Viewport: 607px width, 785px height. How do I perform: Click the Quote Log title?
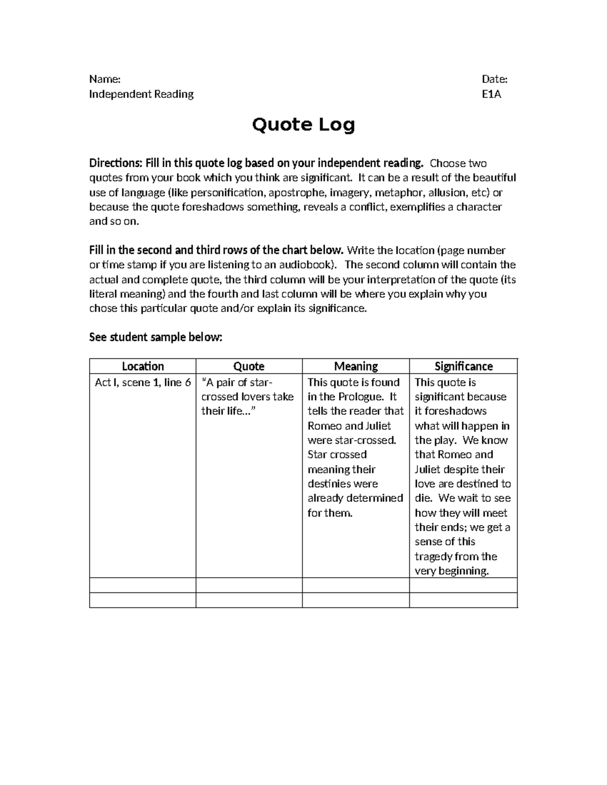303,125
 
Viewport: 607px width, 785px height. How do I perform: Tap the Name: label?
105,79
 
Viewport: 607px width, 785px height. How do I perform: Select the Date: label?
494,79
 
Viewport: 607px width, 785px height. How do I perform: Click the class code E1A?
491,94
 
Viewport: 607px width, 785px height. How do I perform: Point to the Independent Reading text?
141,94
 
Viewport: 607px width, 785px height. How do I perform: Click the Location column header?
143,366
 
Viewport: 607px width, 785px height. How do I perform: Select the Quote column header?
249,366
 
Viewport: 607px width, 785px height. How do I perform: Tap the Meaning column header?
356,366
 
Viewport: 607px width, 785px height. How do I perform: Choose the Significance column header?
463,366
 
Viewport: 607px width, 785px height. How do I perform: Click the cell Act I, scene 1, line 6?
143,383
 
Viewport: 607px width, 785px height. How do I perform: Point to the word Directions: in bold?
116,163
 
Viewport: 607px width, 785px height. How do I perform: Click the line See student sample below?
155,337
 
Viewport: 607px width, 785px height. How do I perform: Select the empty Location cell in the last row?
143,600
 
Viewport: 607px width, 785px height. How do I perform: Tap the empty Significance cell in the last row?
463,600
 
